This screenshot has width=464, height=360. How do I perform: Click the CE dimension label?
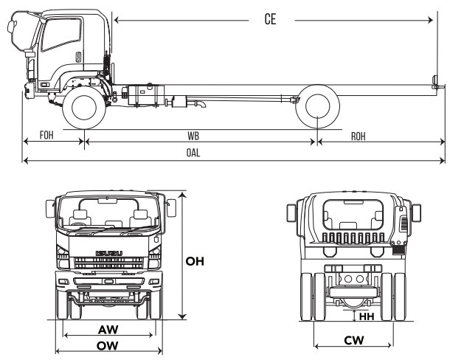[x=270, y=20]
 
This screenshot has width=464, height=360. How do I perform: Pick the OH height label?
[x=195, y=261]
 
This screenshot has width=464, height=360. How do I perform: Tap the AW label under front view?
[x=108, y=329]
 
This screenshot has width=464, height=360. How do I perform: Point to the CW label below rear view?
[x=352, y=340]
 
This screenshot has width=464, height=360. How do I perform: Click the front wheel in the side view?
[x=83, y=108]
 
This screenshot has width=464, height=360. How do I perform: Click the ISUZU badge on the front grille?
[x=108, y=255]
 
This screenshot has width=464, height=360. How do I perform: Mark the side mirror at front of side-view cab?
[x=12, y=28]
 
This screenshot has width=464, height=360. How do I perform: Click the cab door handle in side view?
[x=77, y=56]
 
